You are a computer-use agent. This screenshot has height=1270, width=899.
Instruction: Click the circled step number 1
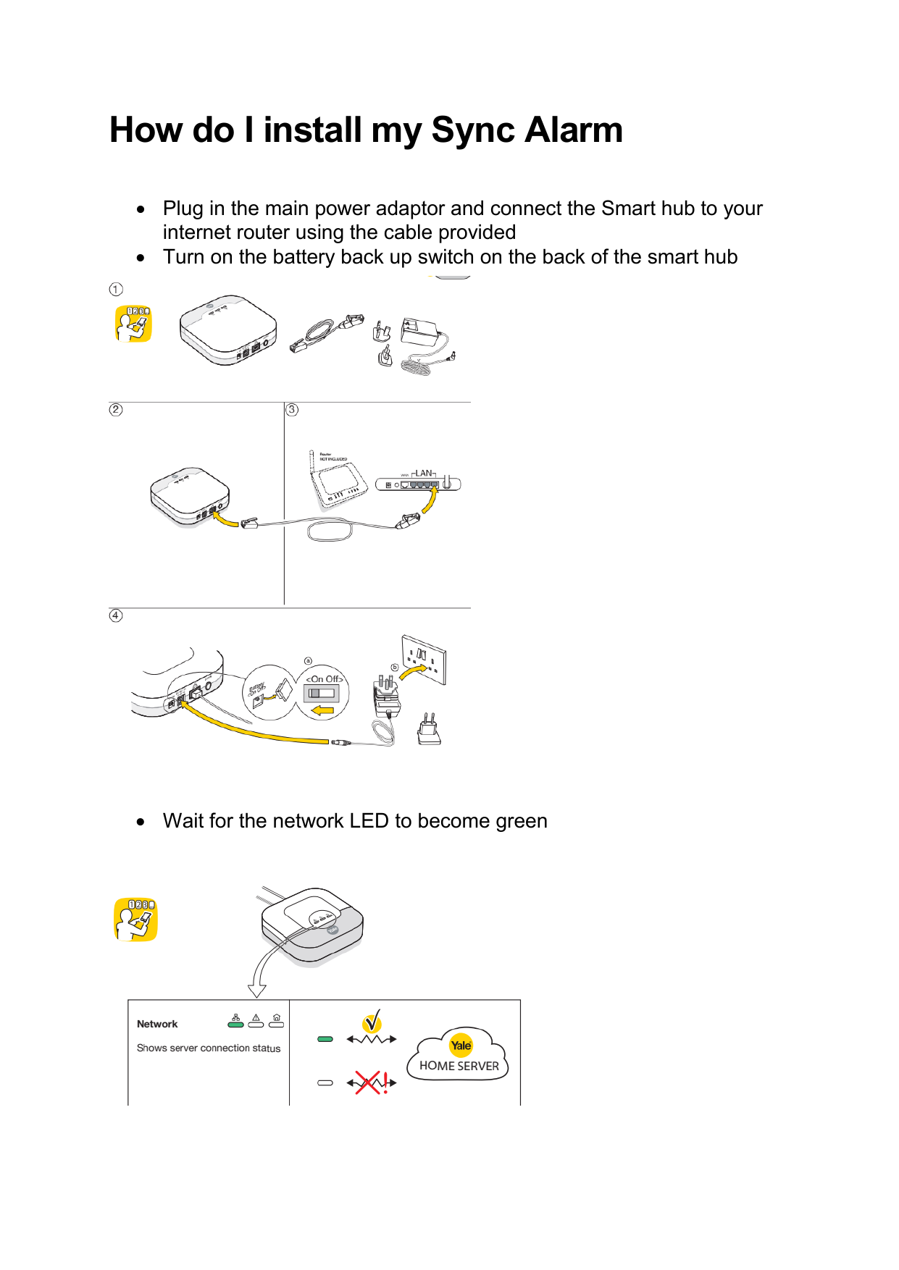click(x=116, y=290)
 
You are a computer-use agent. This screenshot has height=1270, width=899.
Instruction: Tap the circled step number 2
click(x=116, y=410)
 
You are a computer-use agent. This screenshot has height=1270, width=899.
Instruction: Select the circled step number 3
click(x=292, y=410)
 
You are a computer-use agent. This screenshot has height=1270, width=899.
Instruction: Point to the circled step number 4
click(x=116, y=615)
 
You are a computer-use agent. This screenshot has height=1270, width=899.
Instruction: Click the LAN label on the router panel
click(x=424, y=473)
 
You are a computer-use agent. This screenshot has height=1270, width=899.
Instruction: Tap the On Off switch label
click(x=324, y=679)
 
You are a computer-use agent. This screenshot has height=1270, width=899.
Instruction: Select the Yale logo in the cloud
click(x=461, y=1045)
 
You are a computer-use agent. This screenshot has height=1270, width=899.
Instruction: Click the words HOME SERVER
click(x=459, y=1066)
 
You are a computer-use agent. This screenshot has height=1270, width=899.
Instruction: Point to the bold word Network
click(x=157, y=1024)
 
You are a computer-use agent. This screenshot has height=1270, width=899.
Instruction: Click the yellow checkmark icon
click(x=372, y=1022)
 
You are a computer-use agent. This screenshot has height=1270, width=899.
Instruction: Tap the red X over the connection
click(x=368, y=1083)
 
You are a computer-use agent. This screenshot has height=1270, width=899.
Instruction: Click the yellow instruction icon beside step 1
click(x=133, y=324)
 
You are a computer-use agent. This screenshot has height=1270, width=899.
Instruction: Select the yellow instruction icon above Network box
click(x=135, y=920)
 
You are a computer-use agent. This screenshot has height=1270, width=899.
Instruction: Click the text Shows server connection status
click(x=209, y=1048)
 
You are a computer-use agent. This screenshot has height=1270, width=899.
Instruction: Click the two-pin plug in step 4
click(x=429, y=730)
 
